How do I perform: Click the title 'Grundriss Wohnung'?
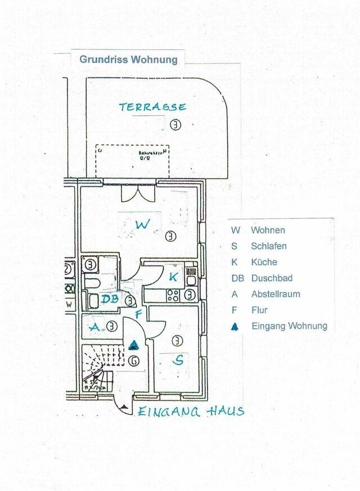(128, 59)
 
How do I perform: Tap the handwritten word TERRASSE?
(152, 107)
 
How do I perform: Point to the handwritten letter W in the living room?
(143, 225)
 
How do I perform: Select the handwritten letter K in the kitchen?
(174, 277)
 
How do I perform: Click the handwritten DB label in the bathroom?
(110, 299)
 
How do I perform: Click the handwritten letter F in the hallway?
(138, 314)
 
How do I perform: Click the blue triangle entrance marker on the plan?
(134, 345)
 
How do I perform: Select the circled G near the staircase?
(134, 361)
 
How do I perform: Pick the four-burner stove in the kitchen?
(173, 294)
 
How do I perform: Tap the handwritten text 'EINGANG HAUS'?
(191, 412)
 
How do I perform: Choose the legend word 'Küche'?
(264, 262)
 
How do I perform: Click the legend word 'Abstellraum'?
(275, 294)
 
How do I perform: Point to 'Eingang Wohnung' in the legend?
(289, 326)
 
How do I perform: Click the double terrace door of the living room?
(138, 192)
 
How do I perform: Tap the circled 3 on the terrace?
(176, 125)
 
